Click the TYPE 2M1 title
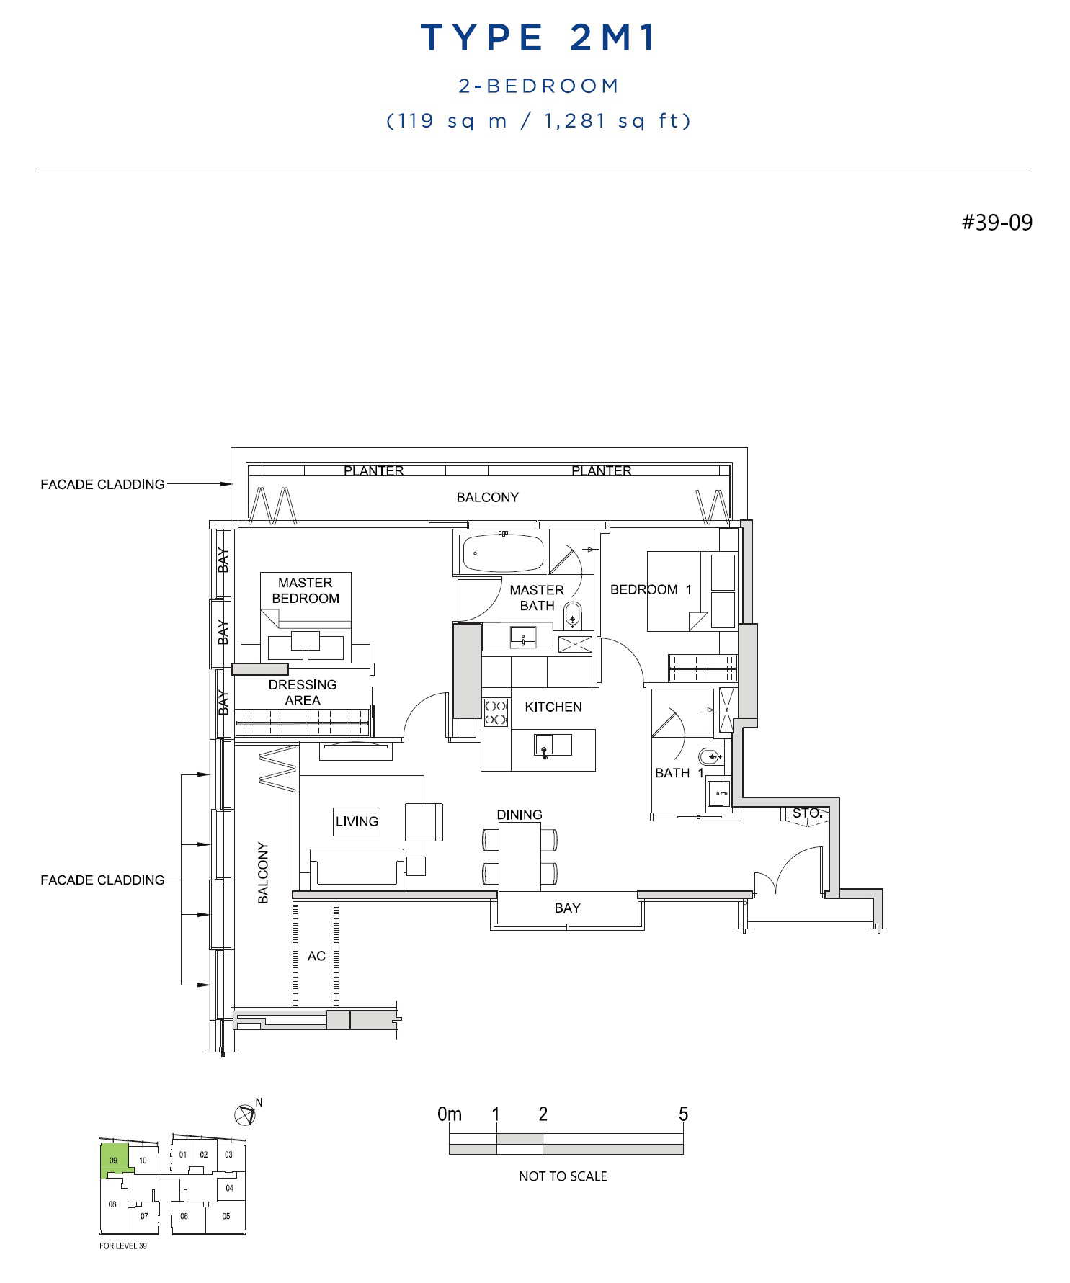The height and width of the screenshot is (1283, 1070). [x=538, y=37]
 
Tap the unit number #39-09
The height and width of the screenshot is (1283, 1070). [x=997, y=222]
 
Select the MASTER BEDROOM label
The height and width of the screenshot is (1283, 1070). [x=306, y=590]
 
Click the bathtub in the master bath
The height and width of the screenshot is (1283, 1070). [x=503, y=553]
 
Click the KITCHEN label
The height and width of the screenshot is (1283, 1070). [x=553, y=707]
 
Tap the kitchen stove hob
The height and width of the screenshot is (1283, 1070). [x=496, y=712]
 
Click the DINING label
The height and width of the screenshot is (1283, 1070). [x=520, y=815]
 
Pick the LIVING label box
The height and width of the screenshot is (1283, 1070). [x=357, y=821]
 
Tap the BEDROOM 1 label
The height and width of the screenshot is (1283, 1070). [x=651, y=589]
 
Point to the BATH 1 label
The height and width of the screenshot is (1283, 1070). [x=679, y=773]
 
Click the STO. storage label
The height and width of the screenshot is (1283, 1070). [x=806, y=813]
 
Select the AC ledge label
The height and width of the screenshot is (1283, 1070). [x=316, y=956]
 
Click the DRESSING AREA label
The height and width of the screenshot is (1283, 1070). [x=303, y=692]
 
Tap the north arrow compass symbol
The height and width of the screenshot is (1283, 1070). [x=246, y=1114]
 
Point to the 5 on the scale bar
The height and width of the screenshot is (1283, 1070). [x=683, y=1114]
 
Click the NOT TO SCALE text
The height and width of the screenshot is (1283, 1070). [x=563, y=1176]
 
